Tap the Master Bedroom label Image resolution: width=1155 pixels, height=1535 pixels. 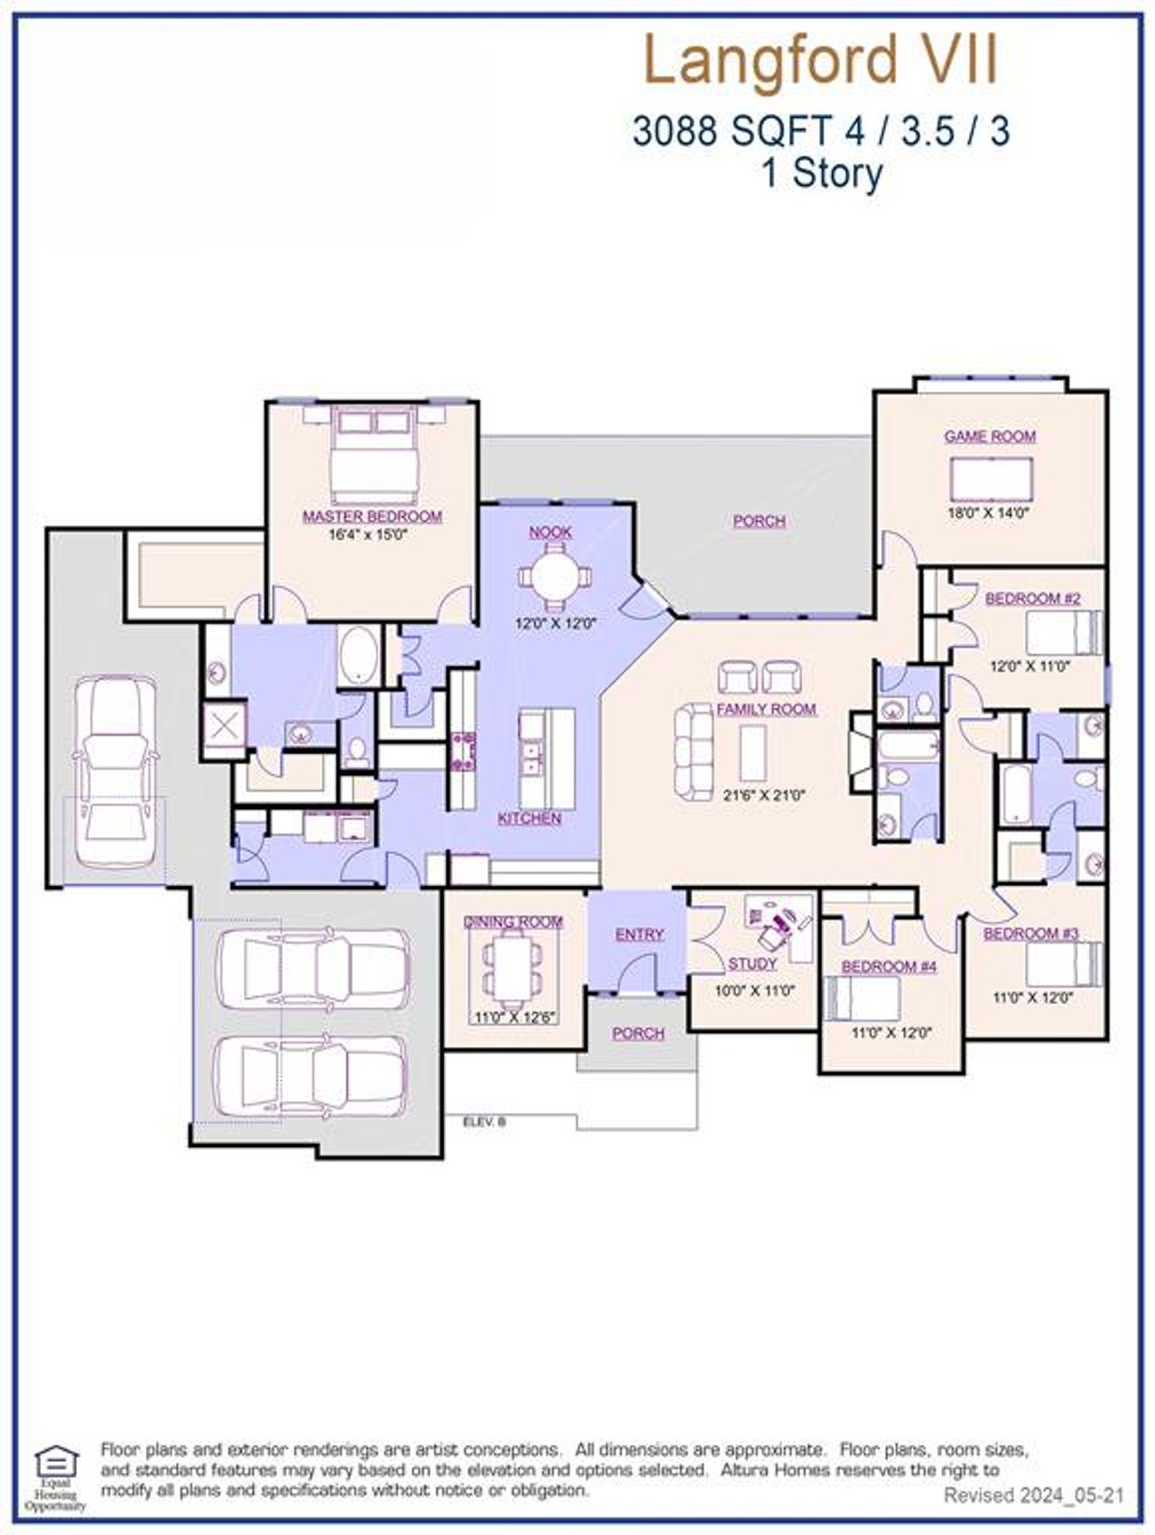coord(372,517)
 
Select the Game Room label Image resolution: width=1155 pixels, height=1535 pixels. coord(990,437)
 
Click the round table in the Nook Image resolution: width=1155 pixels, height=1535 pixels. coord(550,576)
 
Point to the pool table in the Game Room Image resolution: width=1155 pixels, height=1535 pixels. coord(992,478)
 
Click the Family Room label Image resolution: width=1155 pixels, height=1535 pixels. coord(766,709)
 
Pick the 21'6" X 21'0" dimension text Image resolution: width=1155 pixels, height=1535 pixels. coord(765,796)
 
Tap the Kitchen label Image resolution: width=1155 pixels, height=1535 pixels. coord(530,818)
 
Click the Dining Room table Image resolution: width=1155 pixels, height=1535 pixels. coord(513,971)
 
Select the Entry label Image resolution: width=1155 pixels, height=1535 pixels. coord(639,935)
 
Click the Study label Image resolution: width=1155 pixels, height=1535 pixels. coord(753,964)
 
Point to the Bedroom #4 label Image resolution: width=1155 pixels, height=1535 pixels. coord(889,967)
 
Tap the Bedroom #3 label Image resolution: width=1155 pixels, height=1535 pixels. coord(1030,933)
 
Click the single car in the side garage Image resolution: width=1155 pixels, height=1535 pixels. coord(115,770)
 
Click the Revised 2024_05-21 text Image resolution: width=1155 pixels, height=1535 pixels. coord(1033,1495)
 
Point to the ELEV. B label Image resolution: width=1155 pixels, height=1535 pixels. coord(485,1122)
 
